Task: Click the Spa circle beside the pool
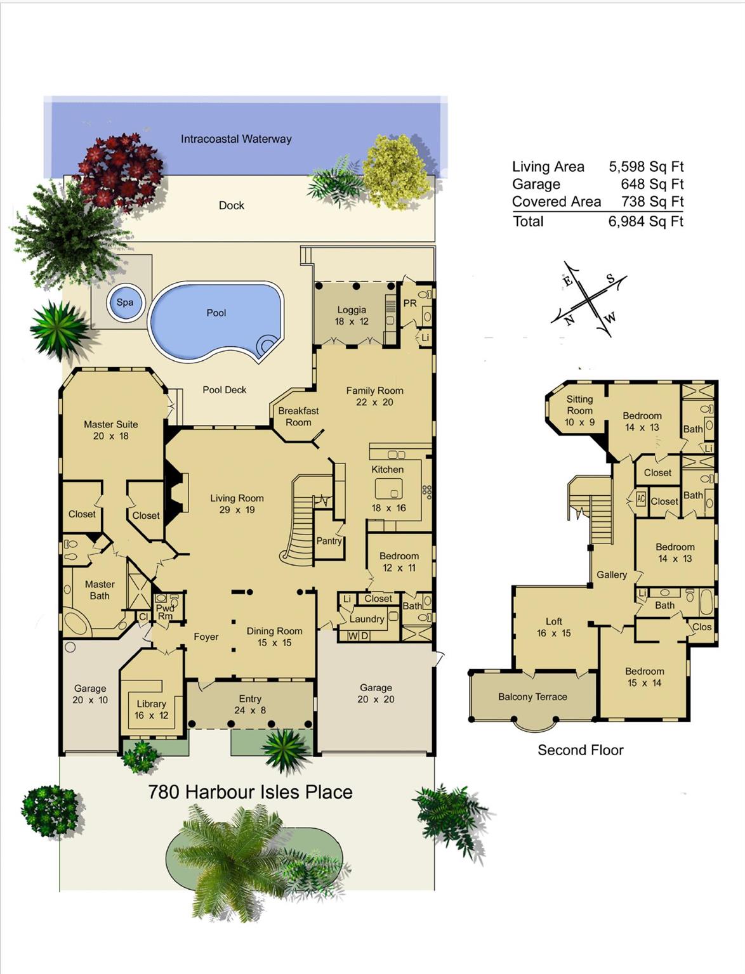125,302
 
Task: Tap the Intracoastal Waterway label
236,139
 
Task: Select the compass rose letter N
569,320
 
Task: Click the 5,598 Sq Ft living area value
645,167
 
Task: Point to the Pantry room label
329,541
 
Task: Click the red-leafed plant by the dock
119,168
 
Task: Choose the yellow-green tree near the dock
398,171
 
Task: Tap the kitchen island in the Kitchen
388,489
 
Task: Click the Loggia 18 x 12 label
352,315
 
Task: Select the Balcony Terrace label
532,697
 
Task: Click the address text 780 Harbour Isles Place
250,792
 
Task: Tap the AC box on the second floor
641,499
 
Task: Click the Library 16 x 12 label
151,710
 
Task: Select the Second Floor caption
580,750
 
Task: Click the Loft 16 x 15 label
553,627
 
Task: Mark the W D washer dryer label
359,635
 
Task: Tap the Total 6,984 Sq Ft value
645,221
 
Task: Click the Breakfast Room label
298,417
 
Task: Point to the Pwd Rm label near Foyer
165,611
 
